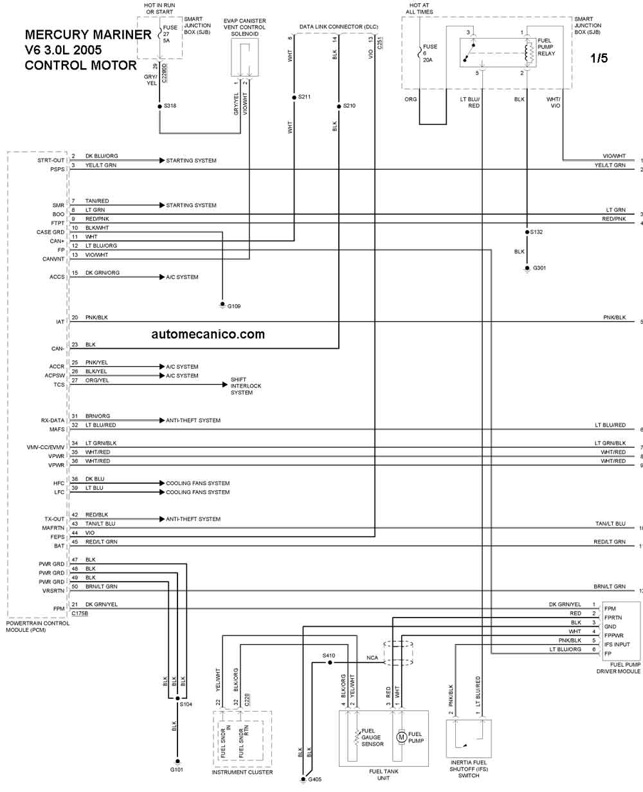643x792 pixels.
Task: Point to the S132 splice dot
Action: [x=527, y=232]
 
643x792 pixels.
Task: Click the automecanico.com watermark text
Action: [x=208, y=334]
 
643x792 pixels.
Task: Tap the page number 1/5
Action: [x=599, y=58]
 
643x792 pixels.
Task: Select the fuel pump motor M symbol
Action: [x=401, y=736]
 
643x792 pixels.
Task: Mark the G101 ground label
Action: [x=177, y=769]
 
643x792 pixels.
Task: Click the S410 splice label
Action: [x=329, y=656]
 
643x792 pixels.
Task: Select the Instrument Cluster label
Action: [x=242, y=772]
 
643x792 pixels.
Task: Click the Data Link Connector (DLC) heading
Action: [x=338, y=27]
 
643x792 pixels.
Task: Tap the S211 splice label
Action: [x=304, y=97]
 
